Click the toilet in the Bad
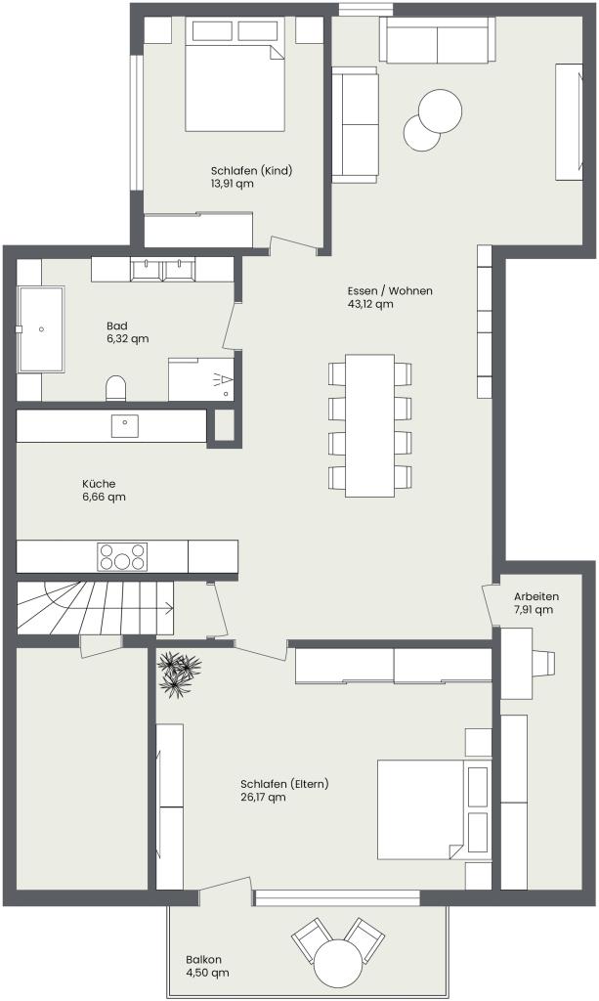click(115, 387)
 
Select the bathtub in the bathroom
click(41, 329)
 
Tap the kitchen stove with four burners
click(122, 556)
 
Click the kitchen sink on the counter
click(125, 426)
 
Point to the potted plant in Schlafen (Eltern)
click(178, 673)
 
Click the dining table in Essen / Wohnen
click(370, 425)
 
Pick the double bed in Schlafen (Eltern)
click(434, 808)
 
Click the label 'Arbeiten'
click(536, 596)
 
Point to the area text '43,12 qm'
click(370, 304)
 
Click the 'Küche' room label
click(99, 483)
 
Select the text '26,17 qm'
click(263, 797)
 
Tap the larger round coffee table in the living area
click(441, 109)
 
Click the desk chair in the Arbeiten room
click(543, 664)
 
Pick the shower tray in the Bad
click(201, 379)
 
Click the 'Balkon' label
click(204, 960)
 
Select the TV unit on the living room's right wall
click(569, 122)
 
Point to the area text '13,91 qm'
click(233, 184)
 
